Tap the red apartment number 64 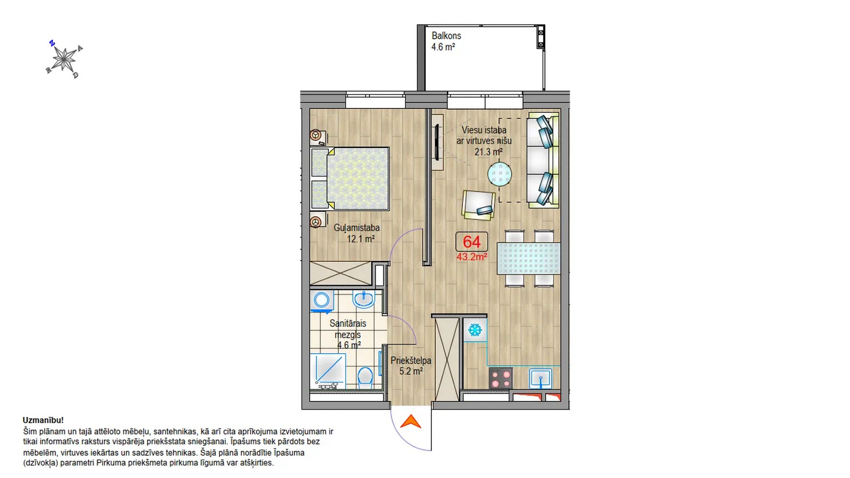(x=472, y=242)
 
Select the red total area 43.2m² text (x=472, y=257)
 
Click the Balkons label (x=446, y=36)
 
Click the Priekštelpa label (x=411, y=361)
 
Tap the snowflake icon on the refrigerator (x=475, y=330)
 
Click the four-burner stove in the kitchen (x=501, y=378)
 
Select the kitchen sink (x=540, y=379)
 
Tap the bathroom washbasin (x=364, y=299)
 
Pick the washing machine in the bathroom (x=322, y=301)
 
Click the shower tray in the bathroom (x=328, y=371)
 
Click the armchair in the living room (x=478, y=205)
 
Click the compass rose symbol (x=64, y=59)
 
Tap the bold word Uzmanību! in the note (x=43, y=420)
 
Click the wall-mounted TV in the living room (x=437, y=142)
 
